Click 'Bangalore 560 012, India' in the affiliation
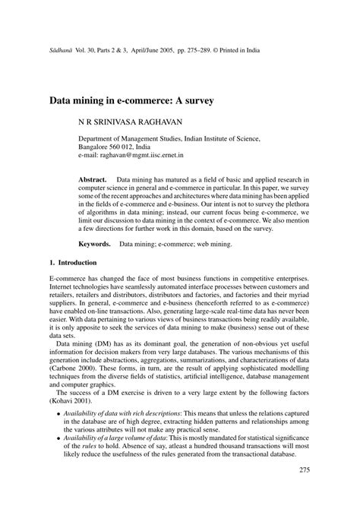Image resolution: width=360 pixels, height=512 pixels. [x=119, y=147]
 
